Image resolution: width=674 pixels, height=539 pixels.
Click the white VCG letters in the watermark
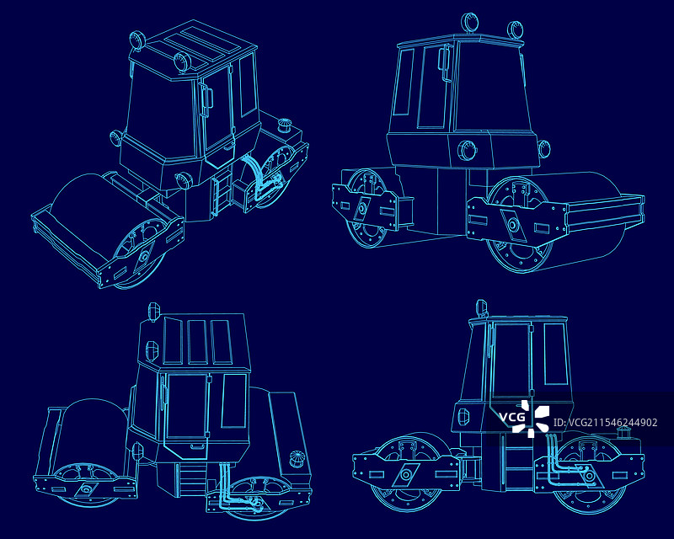click(x=512, y=417)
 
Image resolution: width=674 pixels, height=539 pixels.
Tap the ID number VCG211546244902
click(x=605, y=423)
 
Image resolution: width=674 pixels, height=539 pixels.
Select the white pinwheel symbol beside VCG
click(x=535, y=418)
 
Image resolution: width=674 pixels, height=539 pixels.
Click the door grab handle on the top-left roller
click(x=206, y=99)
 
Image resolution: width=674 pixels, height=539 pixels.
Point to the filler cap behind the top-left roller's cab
click(x=284, y=126)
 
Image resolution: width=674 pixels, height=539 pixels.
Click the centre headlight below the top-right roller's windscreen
click(x=467, y=151)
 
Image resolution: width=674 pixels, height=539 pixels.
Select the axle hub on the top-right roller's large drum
click(x=513, y=225)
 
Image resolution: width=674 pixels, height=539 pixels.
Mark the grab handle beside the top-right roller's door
click(x=444, y=63)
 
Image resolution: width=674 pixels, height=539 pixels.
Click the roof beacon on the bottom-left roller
click(x=153, y=312)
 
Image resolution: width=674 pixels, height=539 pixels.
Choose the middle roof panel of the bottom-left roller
click(x=197, y=342)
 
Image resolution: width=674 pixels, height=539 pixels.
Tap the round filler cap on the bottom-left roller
click(x=297, y=458)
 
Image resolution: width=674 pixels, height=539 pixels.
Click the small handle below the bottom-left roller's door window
click(x=198, y=446)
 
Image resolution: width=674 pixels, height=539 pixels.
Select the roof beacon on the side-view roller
click(x=481, y=308)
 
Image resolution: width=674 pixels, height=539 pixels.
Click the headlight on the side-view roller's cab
click(x=463, y=417)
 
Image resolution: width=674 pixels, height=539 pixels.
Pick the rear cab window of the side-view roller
click(x=555, y=354)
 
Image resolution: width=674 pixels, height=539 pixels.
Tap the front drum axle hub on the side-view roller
click(x=405, y=475)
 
